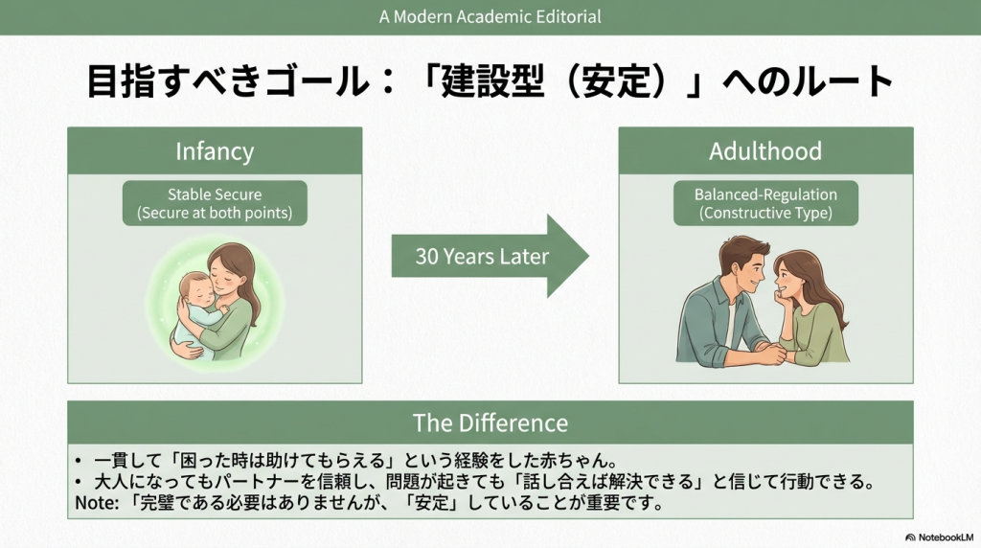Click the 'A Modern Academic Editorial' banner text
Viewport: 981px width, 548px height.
[490, 16]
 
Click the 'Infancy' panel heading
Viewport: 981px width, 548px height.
[215, 151]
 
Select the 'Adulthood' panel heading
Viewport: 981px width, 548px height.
[765, 151]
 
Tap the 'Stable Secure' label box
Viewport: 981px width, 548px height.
[215, 203]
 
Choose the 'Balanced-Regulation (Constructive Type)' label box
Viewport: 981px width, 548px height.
[765, 203]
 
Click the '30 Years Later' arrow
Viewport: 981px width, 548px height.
[490, 256]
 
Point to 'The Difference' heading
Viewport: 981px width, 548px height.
[490, 422]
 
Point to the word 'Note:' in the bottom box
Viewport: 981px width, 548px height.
[97, 503]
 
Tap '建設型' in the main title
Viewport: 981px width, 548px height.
[492, 81]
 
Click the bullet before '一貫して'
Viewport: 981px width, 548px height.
[79, 462]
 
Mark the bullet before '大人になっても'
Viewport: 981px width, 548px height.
[79, 482]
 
